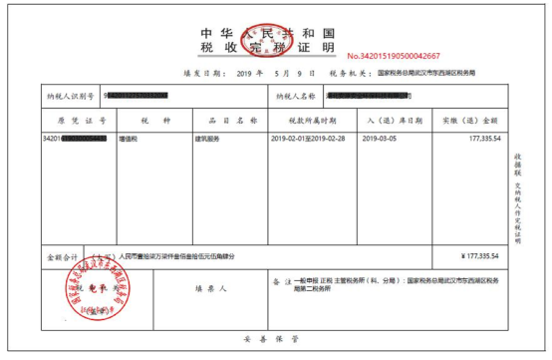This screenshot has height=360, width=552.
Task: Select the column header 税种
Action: point(147,120)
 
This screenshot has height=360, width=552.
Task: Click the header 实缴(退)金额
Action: point(471,120)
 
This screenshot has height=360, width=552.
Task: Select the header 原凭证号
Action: point(75,120)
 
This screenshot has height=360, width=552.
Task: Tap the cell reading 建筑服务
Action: point(207,139)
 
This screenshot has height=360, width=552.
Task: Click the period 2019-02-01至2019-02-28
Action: point(308,139)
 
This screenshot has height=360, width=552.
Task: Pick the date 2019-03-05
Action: point(379,139)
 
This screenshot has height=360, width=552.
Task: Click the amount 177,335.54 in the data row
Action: point(479,139)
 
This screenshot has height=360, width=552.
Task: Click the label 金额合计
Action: point(62,256)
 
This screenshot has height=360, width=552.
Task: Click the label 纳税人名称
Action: point(295,96)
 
